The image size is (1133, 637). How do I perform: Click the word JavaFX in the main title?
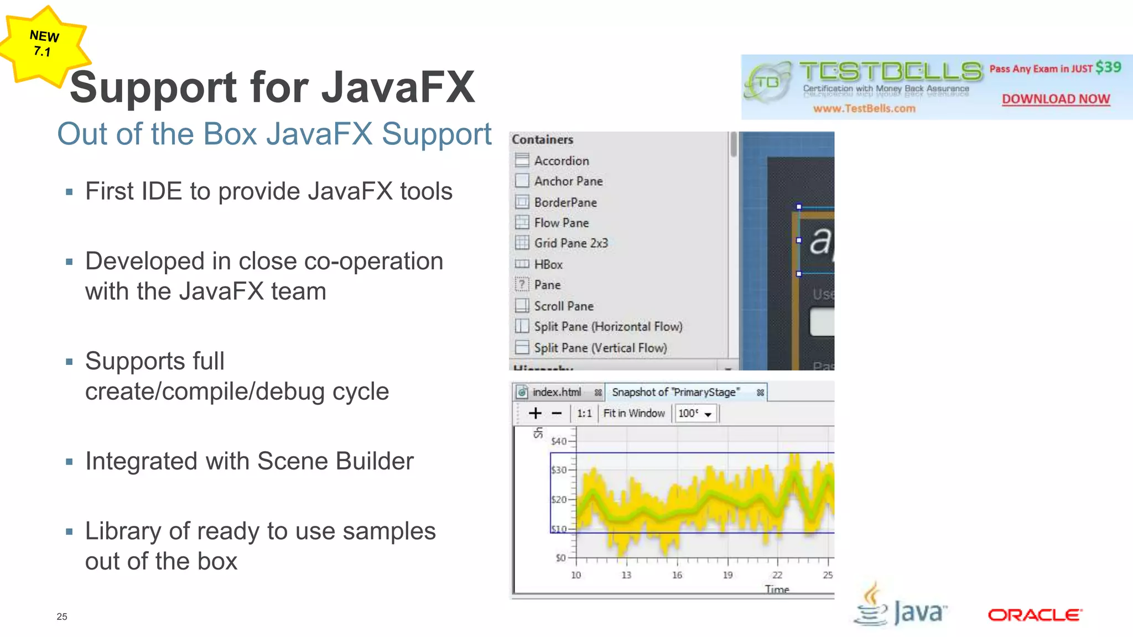(x=398, y=87)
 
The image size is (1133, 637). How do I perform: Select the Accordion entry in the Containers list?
(x=561, y=161)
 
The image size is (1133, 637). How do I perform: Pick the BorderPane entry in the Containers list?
(x=565, y=202)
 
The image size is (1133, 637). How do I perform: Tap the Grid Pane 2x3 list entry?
(x=570, y=243)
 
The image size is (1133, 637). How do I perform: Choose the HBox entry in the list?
(x=548, y=264)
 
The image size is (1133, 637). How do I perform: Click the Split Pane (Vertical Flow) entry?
(x=600, y=348)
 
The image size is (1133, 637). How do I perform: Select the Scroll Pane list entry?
(x=563, y=306)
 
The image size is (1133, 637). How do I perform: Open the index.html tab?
(x=557, y=392)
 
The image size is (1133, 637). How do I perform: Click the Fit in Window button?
(x=633, y=413)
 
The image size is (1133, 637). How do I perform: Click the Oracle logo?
(x=1035, y=615)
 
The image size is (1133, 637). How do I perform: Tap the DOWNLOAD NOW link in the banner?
(x=1056, y=99)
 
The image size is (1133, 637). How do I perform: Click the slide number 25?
(x=62, y=617)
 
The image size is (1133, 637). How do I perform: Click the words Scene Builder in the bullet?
(x=335, y=461)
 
